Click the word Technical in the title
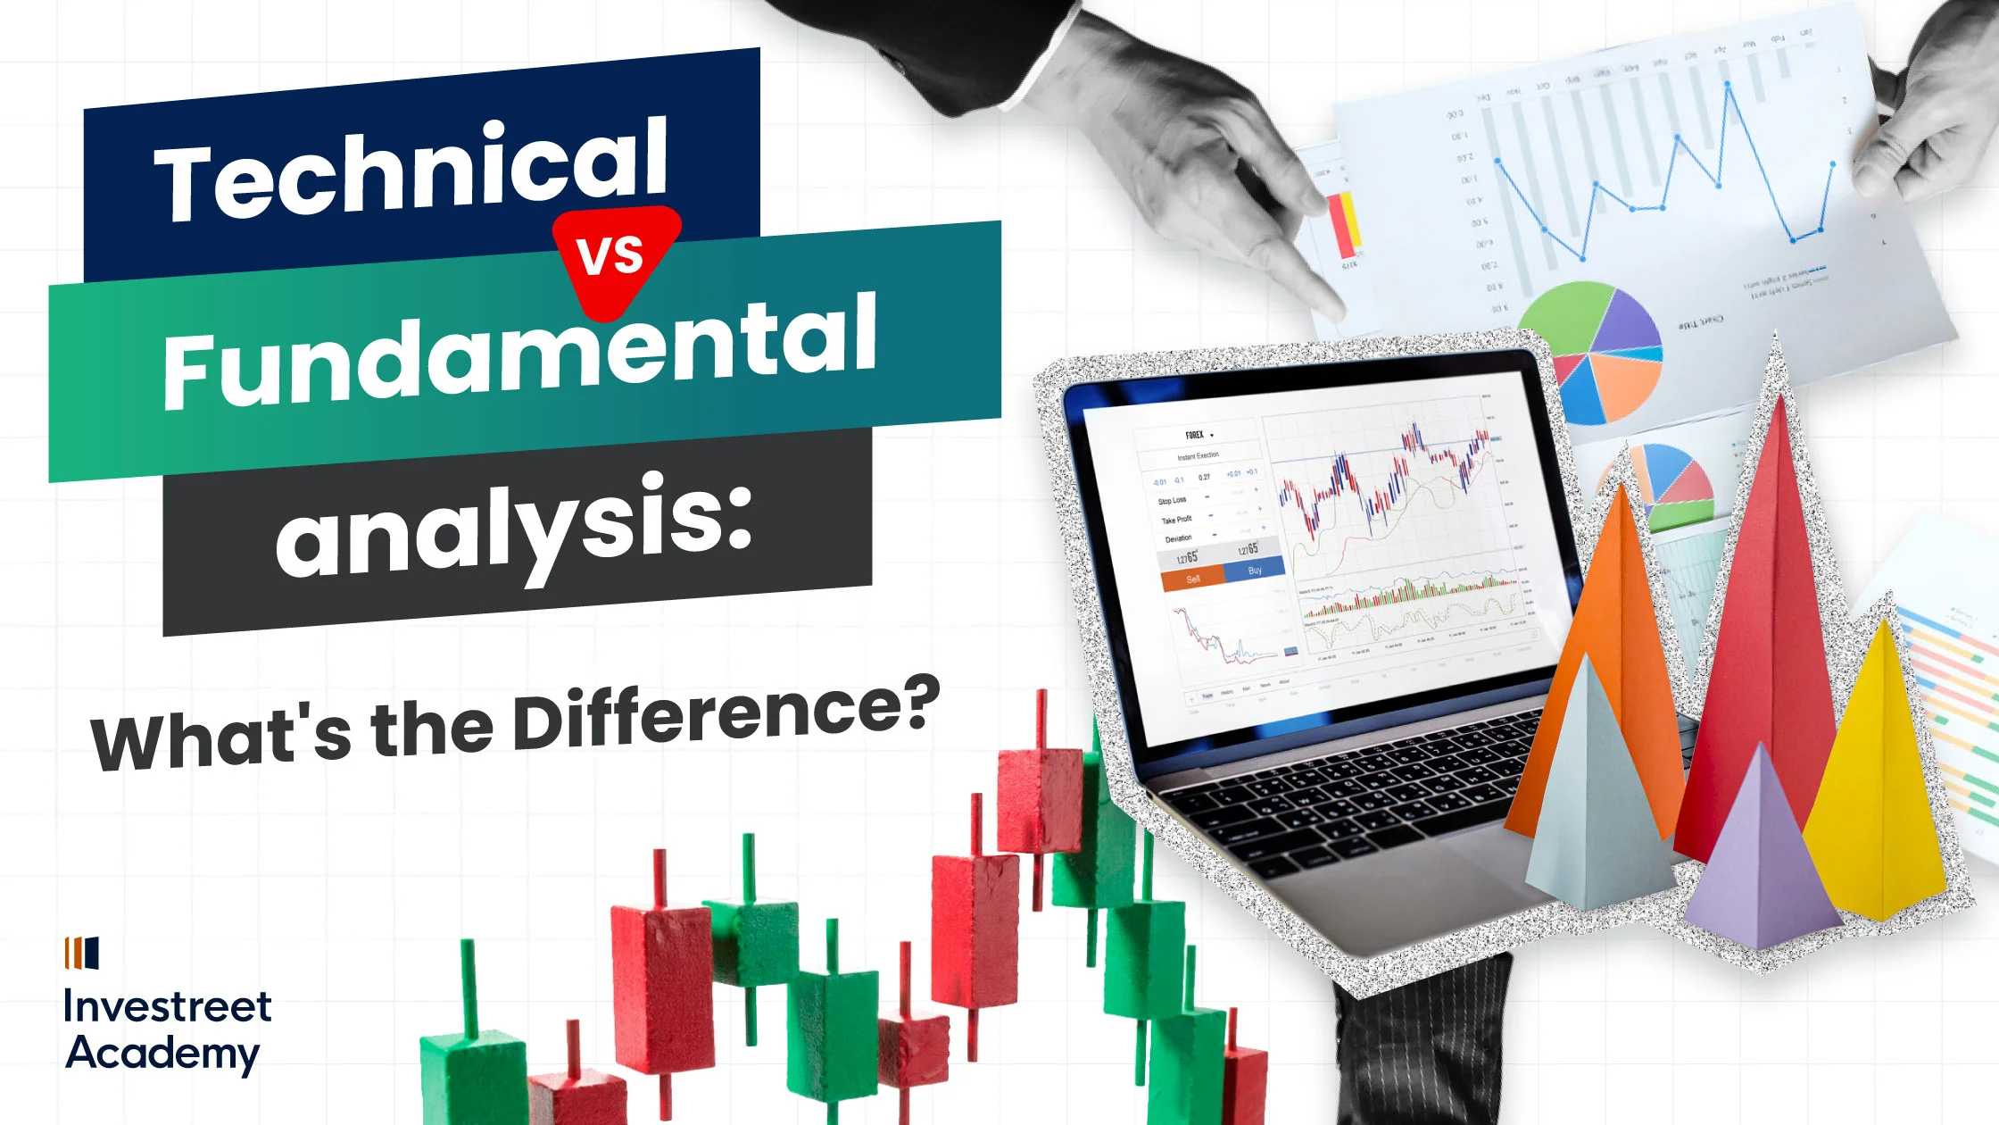tap(411, 170)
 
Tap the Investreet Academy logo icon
tap(82, 953)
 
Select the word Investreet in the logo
tap(167, 1006)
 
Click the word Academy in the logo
tap(162, 1054)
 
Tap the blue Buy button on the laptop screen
tap(1255, 570)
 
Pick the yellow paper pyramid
tap(1879, 786)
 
